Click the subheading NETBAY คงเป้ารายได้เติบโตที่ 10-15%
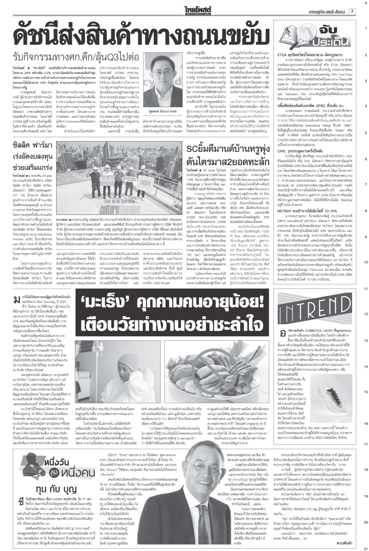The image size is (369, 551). [x=308, y=218]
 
